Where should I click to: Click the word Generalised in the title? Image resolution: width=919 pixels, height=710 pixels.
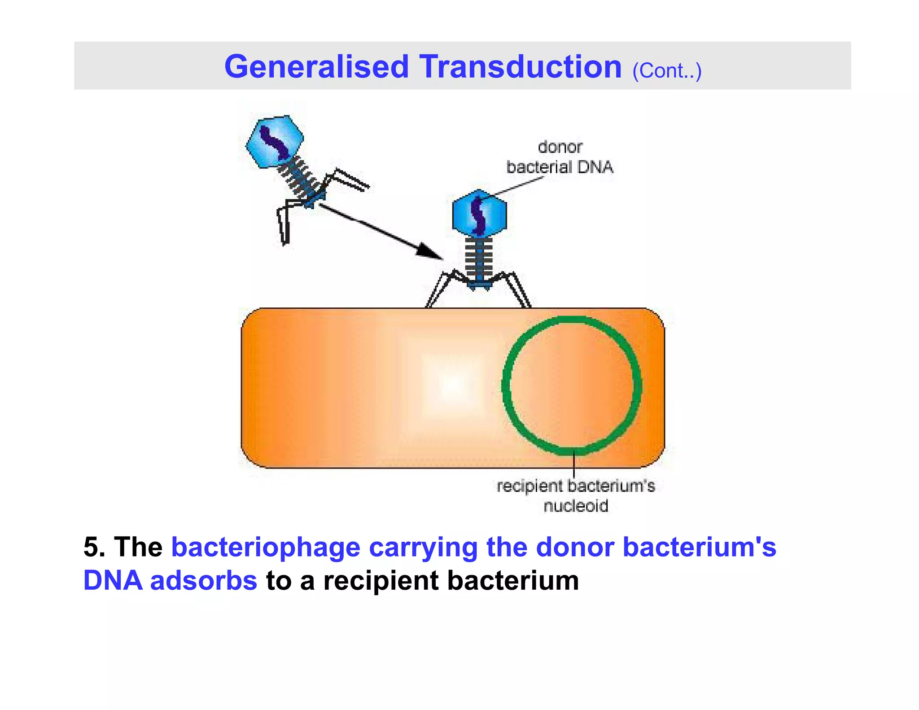(316, 67)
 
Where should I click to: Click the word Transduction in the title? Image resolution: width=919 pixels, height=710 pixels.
(521, 67)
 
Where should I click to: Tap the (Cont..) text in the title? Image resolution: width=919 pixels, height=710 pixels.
(666, 71)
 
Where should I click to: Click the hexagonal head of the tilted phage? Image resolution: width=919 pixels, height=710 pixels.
(275, 141)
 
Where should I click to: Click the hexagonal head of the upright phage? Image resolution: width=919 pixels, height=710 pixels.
(479, 214)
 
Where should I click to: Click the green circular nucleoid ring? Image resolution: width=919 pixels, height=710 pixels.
(504, 386)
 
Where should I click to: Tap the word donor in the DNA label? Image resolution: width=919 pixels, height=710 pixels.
(560, 147)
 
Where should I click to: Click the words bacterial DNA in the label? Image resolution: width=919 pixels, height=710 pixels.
(560, 167)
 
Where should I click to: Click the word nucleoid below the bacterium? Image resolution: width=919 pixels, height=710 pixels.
(576, 506)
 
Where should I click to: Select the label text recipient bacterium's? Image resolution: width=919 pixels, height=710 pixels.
(576, 486)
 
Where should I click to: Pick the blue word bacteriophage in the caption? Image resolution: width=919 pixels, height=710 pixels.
(266, 547)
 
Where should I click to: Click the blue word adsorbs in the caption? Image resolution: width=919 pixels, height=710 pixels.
(203, 580)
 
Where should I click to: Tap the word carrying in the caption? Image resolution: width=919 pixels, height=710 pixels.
(423, 547)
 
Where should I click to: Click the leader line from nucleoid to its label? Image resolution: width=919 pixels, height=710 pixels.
(574, 467)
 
